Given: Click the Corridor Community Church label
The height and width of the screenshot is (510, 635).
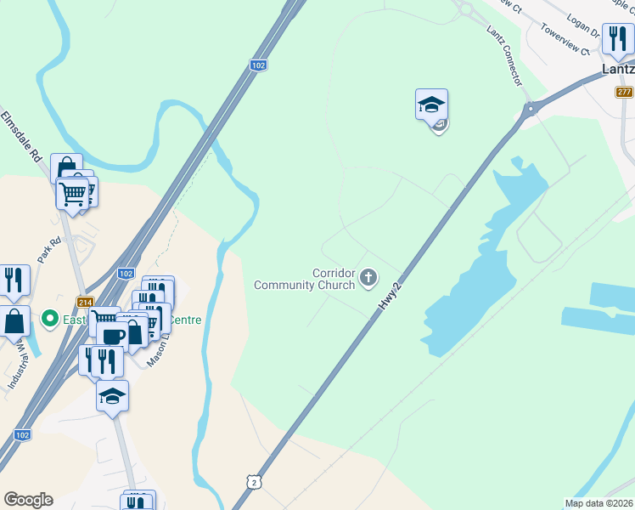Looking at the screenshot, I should pos(305,279).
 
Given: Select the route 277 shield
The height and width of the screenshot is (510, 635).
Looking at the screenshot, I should pos(625,92).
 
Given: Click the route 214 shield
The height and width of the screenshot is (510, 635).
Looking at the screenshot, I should pos(85,302).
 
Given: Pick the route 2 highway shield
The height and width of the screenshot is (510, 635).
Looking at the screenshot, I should pos(254,482).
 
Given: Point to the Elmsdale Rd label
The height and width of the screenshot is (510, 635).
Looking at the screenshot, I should pos(21,136).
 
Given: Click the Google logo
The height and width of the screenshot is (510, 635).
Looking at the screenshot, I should pos(28,500).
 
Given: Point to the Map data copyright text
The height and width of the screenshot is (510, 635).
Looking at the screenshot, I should pos(598,503).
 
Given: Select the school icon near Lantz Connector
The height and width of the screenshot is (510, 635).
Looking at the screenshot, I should pos(431,105).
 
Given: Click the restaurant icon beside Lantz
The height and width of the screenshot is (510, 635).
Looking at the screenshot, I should pos(617,38).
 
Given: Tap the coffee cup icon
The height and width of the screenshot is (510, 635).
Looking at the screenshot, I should pos(115,333).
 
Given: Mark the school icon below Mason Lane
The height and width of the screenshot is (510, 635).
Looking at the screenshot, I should pos(112,396).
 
